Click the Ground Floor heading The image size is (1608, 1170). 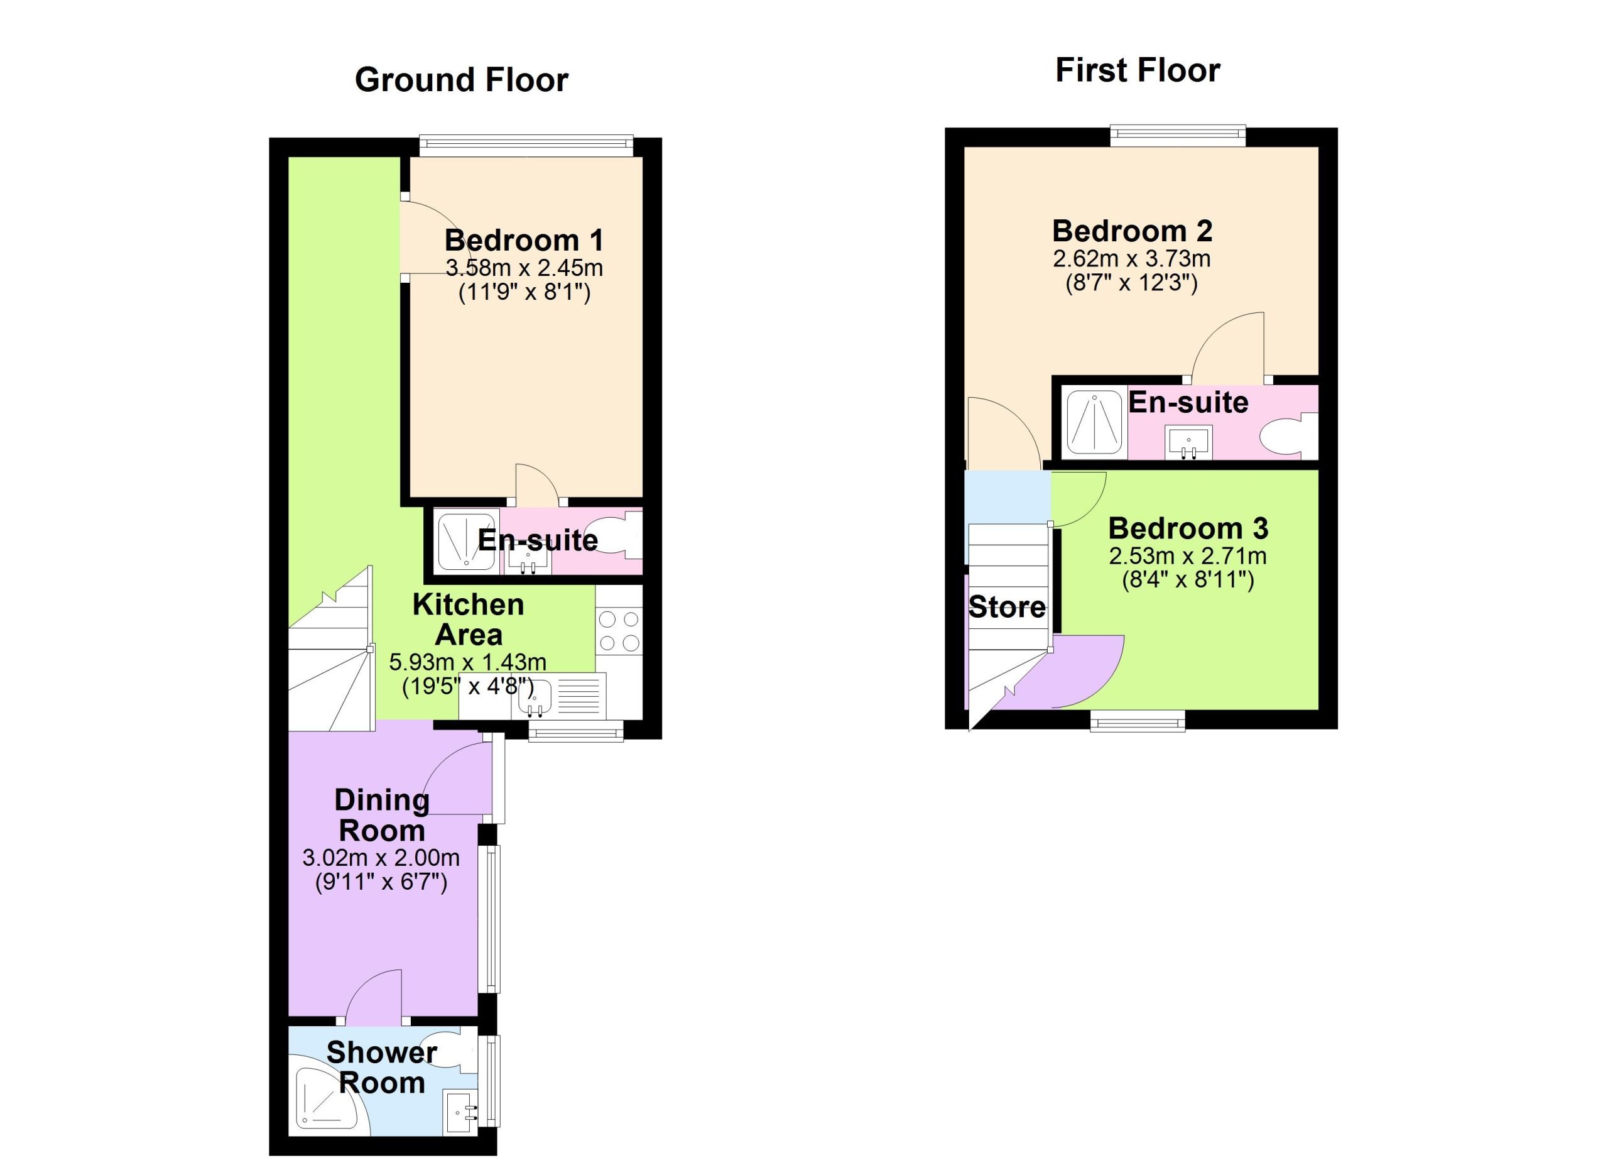coord(462,80)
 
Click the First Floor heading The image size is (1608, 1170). coord(1138,70)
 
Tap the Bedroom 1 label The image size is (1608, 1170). coord(524,241)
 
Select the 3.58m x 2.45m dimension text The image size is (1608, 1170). coord(524,268)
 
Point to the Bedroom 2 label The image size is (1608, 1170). coord(1133,231)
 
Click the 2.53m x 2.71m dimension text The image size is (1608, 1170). coord(1188,555)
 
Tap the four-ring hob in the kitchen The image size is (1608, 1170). coord(619,631)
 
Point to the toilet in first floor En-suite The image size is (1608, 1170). coord(1287,435)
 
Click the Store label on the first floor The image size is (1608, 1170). coord(1007,607)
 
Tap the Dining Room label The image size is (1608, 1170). coord(381,815)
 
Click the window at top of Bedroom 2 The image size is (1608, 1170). coord(1178,136)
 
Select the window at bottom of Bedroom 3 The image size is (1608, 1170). coord(1138,721)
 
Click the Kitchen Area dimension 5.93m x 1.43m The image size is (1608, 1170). coord(468,662)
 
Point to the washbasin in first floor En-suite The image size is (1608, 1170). coord(1188,443)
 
